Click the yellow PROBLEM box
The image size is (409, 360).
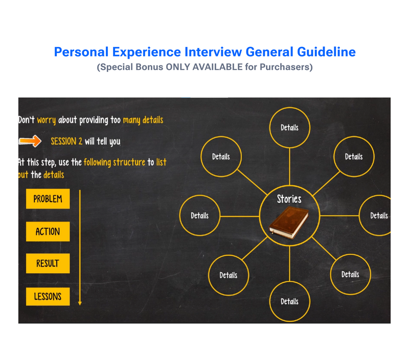click(x=48, y=199)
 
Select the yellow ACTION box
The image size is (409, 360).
click(x=48, y=231)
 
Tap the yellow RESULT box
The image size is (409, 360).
click(x=48, y=264)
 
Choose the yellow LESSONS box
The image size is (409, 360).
click(x=48, y=296)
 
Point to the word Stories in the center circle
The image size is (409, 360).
click(x=289, y=199)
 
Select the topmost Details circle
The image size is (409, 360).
click(x=289, y=128)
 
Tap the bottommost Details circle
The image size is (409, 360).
click(x=289, y=301)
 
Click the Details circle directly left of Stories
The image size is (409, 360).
click(x=199, y=215)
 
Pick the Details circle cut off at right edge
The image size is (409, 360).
click(x=378, y=215)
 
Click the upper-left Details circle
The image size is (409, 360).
click(x=221, y=157)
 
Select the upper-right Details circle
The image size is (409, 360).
click(x=354, y=157)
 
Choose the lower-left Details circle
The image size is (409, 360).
click(x=228, y=275)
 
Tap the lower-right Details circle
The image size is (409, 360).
click(x=350, y=274)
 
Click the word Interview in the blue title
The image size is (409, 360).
click(x=213, y=52)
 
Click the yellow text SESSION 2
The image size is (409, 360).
click(x=66, y=141)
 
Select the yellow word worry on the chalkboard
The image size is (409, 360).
click(x=46, y=121)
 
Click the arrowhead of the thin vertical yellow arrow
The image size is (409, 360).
click(x=80, y=303)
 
